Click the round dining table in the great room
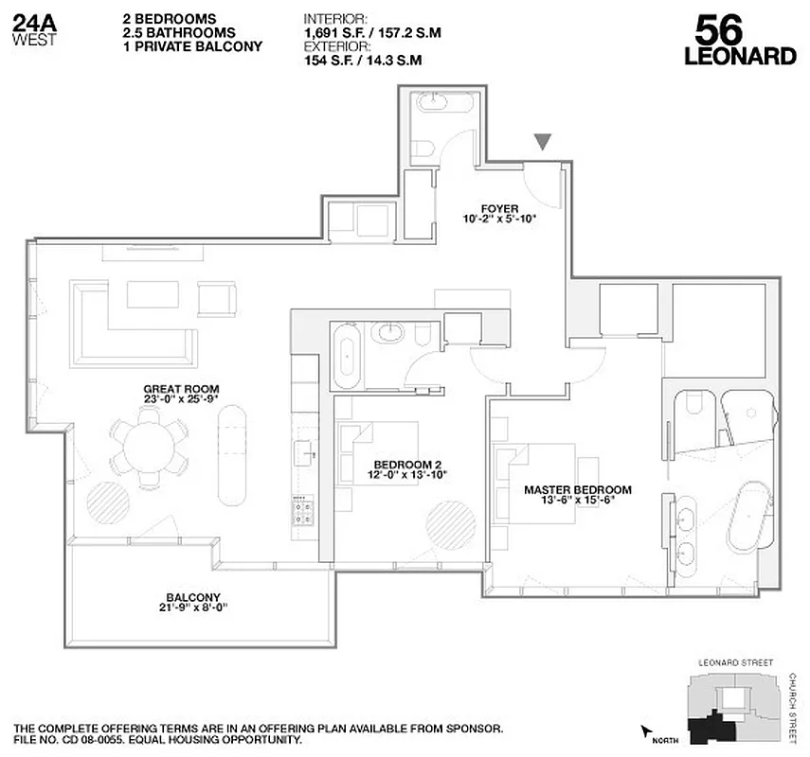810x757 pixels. click(x=154, y=447)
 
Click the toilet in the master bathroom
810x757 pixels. click(x=691, y=409)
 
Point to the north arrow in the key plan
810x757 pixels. click(x=648, y=731)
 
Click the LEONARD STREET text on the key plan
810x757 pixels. click(x=735, y=663)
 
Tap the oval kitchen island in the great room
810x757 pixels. click(x=232, y=454)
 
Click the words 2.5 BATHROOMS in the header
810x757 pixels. click(x=172, y=33)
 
